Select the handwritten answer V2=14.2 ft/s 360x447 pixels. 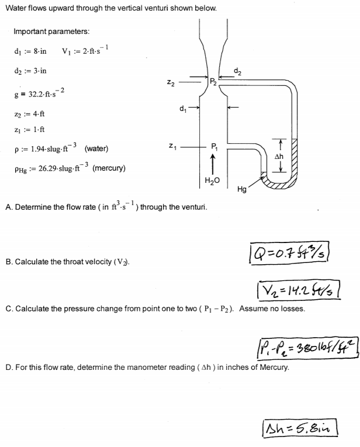point(295,289)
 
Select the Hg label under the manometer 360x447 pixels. point(243,189)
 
